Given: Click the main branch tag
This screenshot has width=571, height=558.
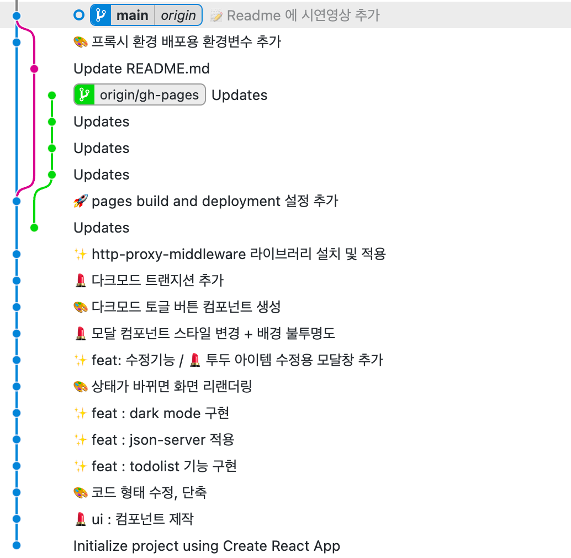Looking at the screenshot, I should coord(132,15).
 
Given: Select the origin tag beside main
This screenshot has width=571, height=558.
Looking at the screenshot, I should coord(178,15).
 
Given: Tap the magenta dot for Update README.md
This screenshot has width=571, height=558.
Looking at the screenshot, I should coord(34,69).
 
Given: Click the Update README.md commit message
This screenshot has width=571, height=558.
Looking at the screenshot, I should coord(141,69).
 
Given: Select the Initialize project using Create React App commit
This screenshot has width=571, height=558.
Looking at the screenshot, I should coord(207,546).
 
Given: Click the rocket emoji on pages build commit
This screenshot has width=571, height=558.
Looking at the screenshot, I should coord(81,201).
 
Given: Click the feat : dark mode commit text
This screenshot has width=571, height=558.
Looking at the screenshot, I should coord(160,413).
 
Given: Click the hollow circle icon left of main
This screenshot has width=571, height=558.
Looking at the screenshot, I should coord(78,15).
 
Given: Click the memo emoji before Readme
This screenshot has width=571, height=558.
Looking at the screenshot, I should coord(216,16).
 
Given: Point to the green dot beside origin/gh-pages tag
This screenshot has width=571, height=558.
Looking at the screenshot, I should coord(52,95).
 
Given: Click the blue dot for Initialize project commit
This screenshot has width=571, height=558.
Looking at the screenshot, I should coord(17,545).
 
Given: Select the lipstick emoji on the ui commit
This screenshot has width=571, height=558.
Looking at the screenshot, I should coord(80,519).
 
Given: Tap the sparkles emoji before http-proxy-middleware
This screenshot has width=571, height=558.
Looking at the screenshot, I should coord(81,254).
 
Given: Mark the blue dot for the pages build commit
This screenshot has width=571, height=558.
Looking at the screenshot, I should coord(17,201).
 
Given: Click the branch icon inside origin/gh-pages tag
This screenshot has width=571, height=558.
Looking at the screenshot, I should coord(84,95).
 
